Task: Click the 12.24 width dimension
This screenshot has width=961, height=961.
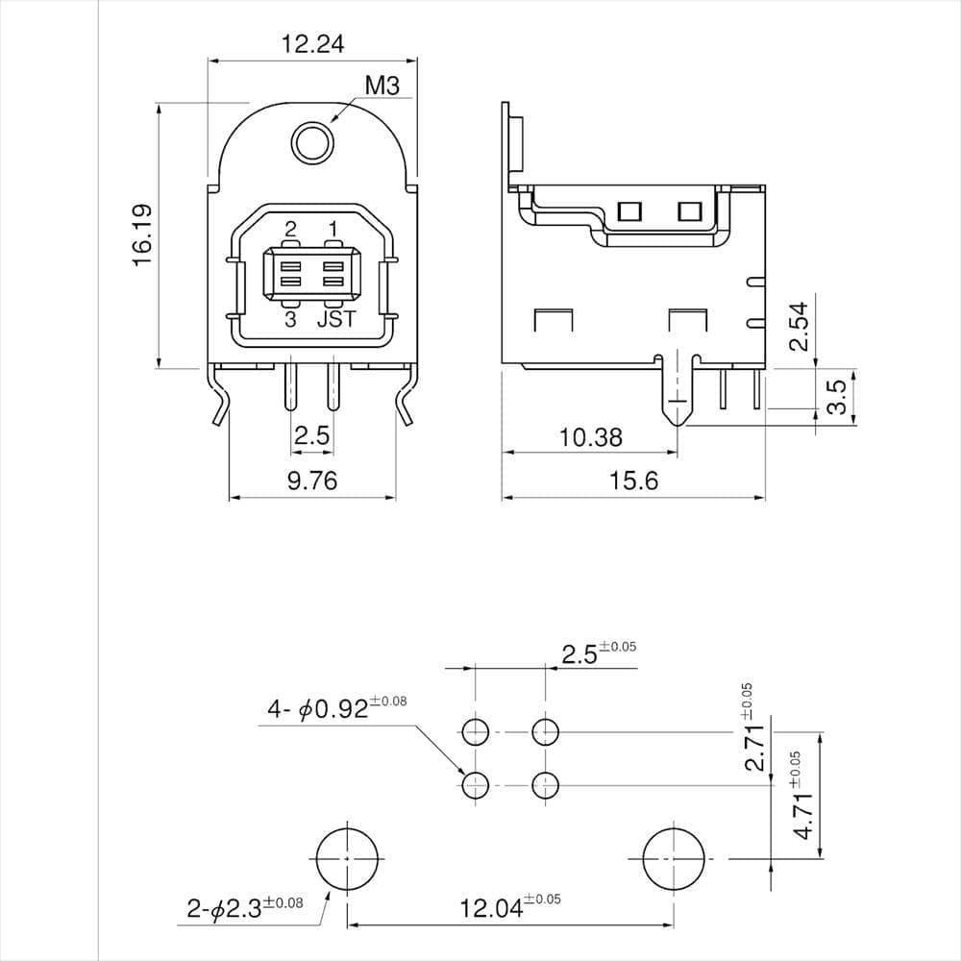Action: [312, 43]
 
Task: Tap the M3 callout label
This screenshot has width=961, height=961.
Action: [382, 86]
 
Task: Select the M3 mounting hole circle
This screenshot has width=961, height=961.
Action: [312, 143]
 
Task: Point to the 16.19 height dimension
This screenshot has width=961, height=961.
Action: [141, 234]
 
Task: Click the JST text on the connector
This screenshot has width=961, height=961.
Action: [335, 320]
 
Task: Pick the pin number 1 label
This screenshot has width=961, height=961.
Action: [333, 229]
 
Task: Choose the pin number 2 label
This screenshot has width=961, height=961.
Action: [290, 229]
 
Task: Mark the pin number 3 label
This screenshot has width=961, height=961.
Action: [290, 320]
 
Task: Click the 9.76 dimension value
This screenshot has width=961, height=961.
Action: [312, 480]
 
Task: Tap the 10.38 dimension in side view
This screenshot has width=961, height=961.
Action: [590, 438]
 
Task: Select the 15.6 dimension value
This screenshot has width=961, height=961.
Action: [633, 480]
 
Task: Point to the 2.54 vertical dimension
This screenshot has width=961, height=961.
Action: [799, 328]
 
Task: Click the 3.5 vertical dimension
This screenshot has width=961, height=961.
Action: [836, 396]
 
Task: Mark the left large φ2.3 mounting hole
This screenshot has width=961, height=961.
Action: [347, 856]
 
